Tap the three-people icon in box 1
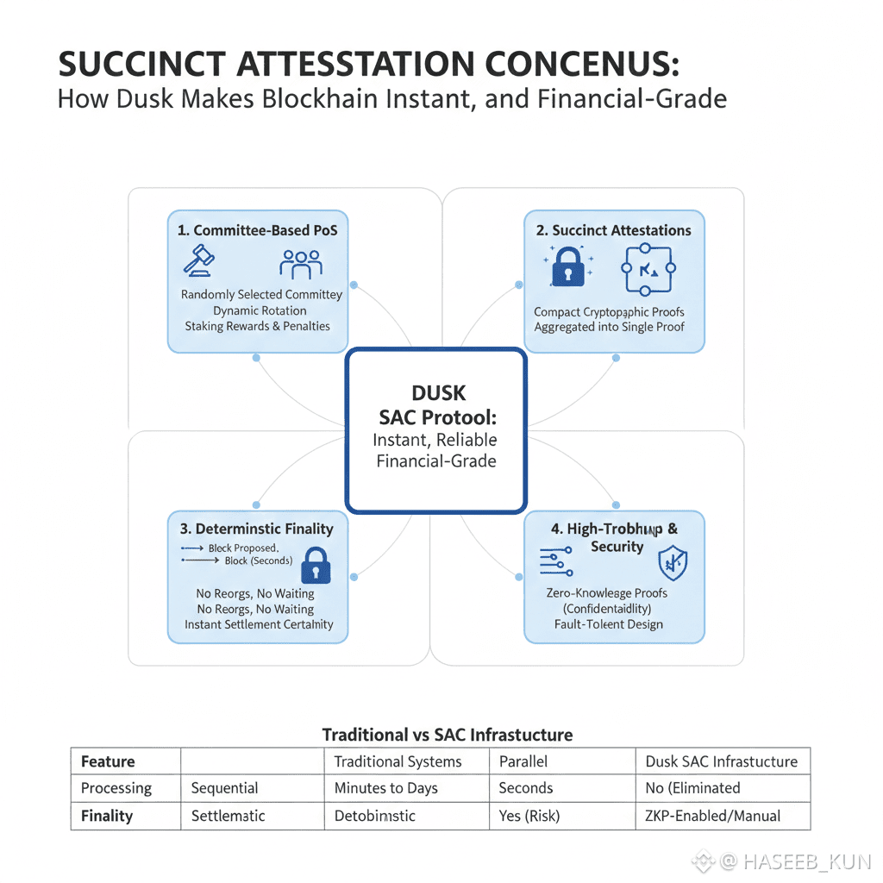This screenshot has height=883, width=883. click(301, 263)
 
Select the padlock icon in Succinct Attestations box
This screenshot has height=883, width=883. click(567, 266)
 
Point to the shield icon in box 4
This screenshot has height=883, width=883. click(672, 563)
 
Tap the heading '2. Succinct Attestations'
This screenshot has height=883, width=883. click(614, 230)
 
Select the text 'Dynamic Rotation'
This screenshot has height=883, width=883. click(260, 310)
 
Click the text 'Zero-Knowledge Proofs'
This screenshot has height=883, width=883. click(607, 592)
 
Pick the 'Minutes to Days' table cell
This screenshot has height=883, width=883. click(385, 788)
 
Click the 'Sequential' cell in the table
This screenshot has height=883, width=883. click(224, 788)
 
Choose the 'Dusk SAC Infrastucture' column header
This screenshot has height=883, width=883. click(721, 761)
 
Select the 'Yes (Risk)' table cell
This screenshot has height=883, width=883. click(529, 815)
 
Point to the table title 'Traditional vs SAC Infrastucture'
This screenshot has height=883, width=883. click(447, 735)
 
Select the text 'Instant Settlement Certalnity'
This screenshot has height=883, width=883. click(259, 624)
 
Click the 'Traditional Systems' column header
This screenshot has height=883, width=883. click(398, 761)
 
